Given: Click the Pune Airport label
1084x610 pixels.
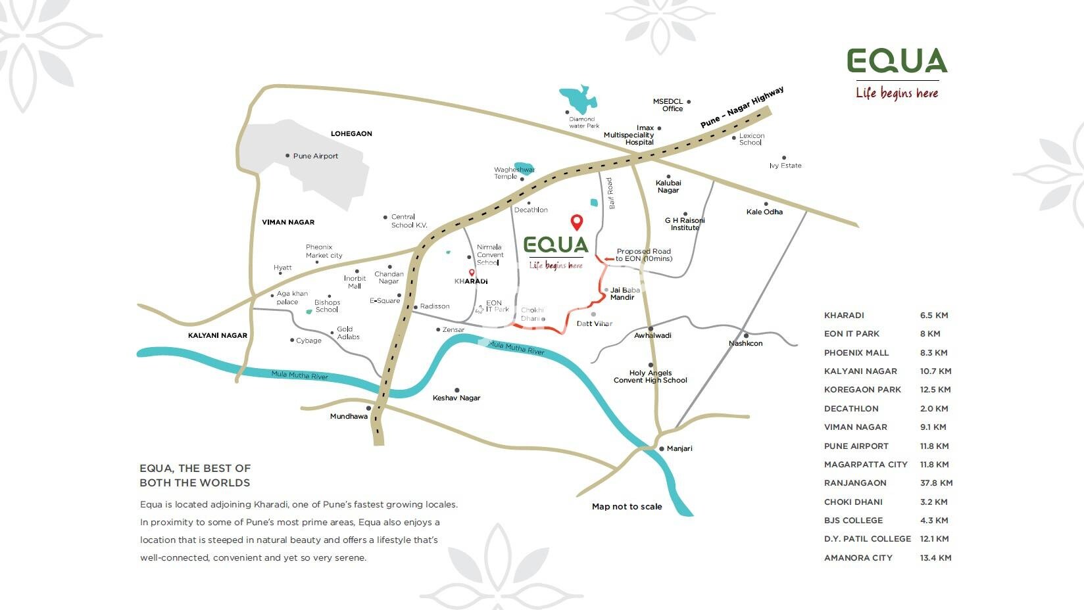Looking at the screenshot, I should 315,156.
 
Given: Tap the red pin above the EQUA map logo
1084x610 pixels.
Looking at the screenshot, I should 576,222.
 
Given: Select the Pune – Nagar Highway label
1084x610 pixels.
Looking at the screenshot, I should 741,108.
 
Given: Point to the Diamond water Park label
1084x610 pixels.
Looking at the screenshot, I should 584,122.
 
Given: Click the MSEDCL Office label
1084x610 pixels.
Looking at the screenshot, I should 668,105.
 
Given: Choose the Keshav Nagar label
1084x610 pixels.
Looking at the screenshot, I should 456,398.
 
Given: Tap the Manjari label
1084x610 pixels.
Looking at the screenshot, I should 679,448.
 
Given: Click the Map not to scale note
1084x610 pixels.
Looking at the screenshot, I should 627,507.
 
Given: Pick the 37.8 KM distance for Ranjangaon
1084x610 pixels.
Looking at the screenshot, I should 936,483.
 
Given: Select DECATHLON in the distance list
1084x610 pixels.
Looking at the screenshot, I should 851,409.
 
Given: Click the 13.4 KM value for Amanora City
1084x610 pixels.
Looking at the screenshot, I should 935,558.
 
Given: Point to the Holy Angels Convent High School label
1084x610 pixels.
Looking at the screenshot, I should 651,377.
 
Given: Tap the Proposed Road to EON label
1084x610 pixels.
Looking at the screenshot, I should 644,255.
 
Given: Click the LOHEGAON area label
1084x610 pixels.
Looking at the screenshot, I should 351,133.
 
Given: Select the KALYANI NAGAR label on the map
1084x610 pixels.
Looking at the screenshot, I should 218,335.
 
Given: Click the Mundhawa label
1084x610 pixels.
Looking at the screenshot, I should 349,416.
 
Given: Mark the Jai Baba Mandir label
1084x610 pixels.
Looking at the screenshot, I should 624,294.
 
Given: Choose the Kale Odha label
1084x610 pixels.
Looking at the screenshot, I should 764,212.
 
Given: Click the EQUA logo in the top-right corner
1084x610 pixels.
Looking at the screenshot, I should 897,61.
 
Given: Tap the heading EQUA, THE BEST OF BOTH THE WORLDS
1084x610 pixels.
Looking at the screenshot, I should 195,475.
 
